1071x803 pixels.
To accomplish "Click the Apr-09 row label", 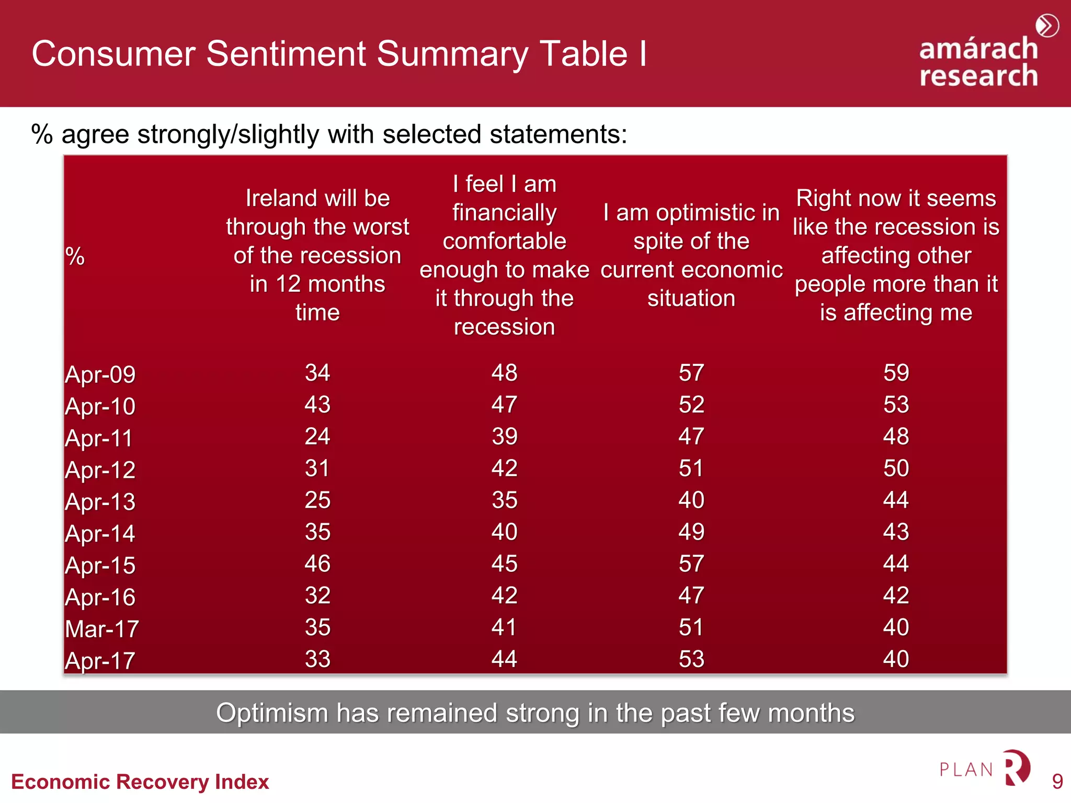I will (x=100, y=374).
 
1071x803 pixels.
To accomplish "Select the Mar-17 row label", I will (x=102, y=629).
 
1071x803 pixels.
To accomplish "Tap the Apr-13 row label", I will (x=100, y=502).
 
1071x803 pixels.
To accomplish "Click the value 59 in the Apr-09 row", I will (x=896, y=373).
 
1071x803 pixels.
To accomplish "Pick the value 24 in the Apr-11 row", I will (x=317, y=437).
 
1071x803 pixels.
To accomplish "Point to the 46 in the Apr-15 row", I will (x=317, y=564).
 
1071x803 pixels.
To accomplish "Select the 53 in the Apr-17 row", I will (x=691, y=659).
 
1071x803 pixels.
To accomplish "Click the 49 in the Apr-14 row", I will (x=691, y=532).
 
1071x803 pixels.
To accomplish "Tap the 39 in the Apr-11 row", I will (x=504, y=437).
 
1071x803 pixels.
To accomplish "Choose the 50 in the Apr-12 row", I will (x=896, y=468).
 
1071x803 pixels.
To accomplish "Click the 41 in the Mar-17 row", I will (x=504, y=627).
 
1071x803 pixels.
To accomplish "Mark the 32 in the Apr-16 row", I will (x=317, y=595).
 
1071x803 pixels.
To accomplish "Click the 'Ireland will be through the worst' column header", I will (x=317, y=255).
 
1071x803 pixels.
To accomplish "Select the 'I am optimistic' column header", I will (x=691, y=255).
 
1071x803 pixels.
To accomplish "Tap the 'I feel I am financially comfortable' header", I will (x=504, y=255).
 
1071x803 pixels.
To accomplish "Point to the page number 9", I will (x=1057, y=782).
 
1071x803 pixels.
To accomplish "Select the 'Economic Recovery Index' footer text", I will (x=140, y=782).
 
